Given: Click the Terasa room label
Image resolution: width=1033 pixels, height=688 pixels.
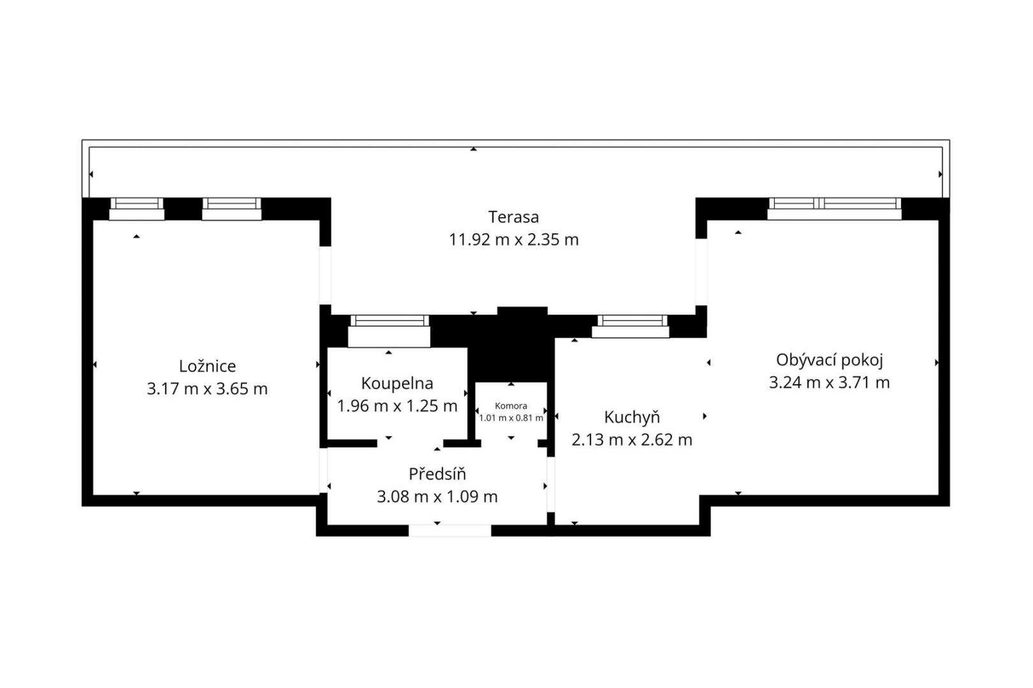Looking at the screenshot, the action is click(x=513, y=217).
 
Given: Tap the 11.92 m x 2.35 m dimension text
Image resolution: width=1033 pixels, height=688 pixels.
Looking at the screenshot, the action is click(x=514, y=240).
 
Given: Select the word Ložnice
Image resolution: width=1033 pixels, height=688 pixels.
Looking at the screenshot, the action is click(x=207, y=366).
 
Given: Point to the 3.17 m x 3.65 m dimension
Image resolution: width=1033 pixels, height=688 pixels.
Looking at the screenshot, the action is click(x=207, y=389).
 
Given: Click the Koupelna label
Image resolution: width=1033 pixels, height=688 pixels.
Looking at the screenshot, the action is click(x=397, y=384).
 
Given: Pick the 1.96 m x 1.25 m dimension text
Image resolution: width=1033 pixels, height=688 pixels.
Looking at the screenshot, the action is click(x=397, y=406).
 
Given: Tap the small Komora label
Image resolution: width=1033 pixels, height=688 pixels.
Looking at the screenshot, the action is click(x=511, y=406).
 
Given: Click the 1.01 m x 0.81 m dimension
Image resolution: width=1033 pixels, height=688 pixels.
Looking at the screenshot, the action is click(x=511, y=419).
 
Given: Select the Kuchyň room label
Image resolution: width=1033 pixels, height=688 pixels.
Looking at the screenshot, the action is click(x=632, y=417).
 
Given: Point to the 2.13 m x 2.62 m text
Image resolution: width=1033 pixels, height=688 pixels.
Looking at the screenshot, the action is click(x=632, y=440).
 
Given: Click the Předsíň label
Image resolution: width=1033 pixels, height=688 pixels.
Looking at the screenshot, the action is click(x=437, y=474).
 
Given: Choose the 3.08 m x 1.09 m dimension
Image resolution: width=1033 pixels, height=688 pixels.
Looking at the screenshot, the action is click(x=437, y=497).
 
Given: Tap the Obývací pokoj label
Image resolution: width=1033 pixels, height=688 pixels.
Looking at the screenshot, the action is click(x=829, y=361).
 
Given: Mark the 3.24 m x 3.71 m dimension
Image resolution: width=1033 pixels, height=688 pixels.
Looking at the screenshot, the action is click(x=829, y=383).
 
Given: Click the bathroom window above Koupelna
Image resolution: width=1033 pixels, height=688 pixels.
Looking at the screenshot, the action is click(x=389, y=331).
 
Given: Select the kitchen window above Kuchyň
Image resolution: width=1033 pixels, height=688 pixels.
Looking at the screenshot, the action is click(x=631, y=326).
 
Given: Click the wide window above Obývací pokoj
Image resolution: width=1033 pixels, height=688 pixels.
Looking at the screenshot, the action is click(x=834, y=209).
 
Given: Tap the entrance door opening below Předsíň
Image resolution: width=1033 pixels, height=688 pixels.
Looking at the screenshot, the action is click(x=450, y=531).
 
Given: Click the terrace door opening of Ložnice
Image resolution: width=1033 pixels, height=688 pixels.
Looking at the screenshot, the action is click(x=325, y=276).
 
